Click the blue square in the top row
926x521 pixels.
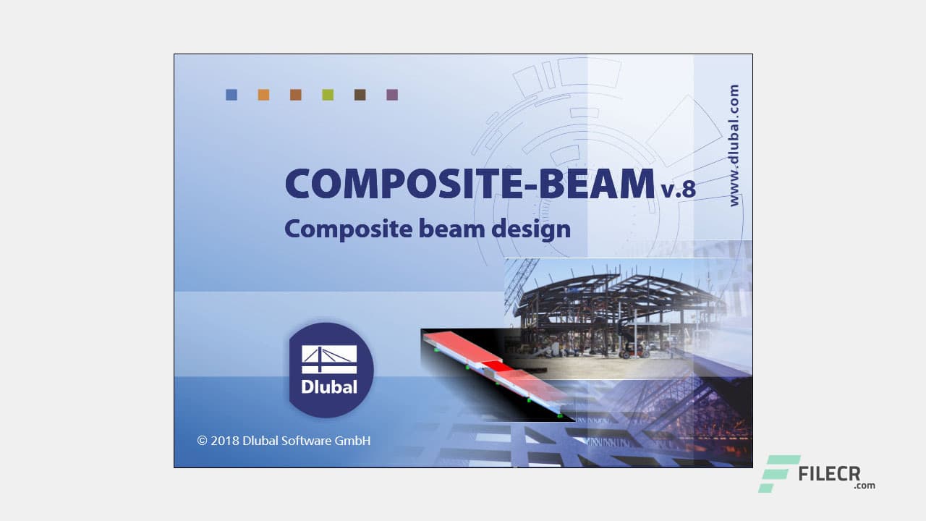(231, 95)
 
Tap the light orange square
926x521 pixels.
(263, 95)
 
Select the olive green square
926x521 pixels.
(328, 95)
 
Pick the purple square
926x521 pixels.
(392, 95)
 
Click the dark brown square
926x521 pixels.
(360, 95)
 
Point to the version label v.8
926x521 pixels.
(678, 190)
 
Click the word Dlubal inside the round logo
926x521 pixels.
(329, 386)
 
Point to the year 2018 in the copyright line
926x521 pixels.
(225, 440)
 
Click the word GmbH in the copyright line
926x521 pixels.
(352, 440)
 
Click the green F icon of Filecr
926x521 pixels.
(778, 474)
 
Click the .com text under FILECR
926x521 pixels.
(864, 486)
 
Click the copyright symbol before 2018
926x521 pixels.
(203, 440)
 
